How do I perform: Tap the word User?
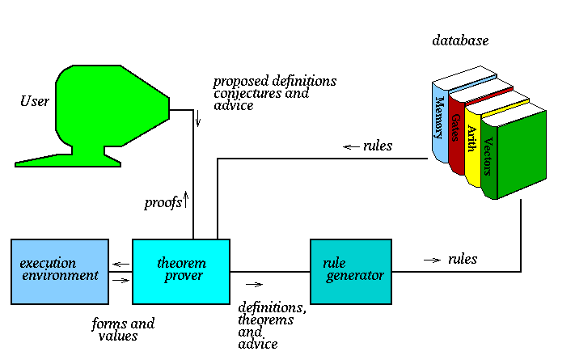click(35, 101)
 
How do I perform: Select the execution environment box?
click(60, 271)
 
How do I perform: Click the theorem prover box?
click(180, 271)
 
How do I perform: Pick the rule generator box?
click(350, 271)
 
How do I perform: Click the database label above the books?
click(460, 40)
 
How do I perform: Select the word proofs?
click(163, 202)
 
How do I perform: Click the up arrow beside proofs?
click(187, 197)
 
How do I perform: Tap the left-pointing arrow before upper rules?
click(351, 147)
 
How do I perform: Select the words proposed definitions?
click(275, 82)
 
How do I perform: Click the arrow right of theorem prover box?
click(255, 284)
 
